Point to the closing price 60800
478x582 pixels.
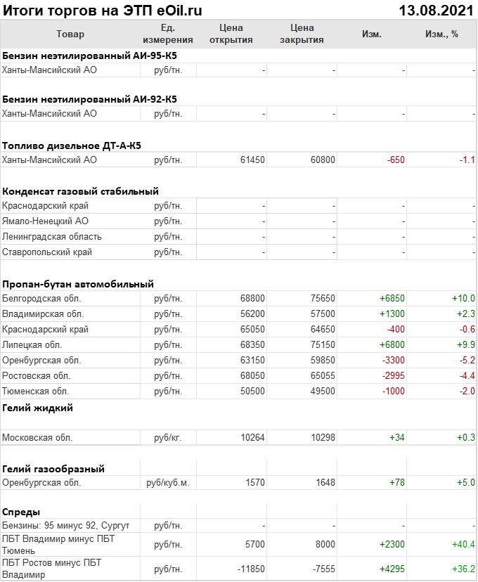click(x=323, y=160)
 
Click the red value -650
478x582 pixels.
click(x=396, y=160)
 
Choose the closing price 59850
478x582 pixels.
click(x=323, y=361)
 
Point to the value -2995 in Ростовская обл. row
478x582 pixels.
click(x=393, y=376)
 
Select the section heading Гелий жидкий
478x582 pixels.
click(x=37, y=408)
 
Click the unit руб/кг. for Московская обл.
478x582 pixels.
click(x=168, y=438)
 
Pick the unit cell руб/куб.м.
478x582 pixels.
click(x=168, y=483)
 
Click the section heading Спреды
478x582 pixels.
click(x=21, y=512)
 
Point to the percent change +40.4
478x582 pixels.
click(x=464, y=545)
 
